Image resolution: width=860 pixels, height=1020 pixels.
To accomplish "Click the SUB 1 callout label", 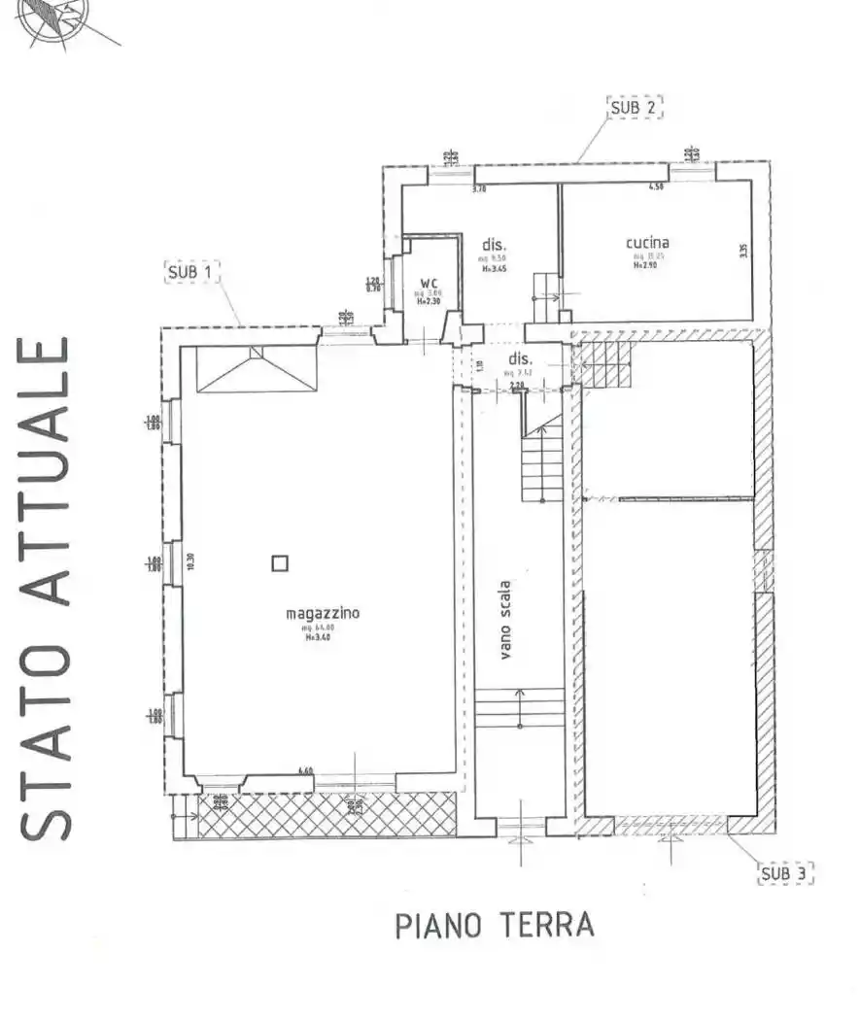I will [x=192, y=273].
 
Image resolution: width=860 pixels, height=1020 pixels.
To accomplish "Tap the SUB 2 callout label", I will [x=635, y=108].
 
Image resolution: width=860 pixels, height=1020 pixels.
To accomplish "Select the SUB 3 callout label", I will [x=785, y=873].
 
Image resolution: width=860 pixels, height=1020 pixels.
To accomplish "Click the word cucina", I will [x=647, y=243].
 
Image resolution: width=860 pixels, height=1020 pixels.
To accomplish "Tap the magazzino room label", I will [x=323, y=613].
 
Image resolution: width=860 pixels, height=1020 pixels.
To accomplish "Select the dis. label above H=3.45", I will [x=496, y=244].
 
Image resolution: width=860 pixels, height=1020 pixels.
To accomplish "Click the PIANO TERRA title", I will [x=495, y=926].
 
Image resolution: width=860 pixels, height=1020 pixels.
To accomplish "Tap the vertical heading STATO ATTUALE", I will [x=46, y=588].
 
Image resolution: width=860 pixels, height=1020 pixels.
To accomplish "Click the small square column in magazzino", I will [x=280, y=561].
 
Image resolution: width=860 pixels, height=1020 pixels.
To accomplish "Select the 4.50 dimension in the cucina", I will [x=656, y=187].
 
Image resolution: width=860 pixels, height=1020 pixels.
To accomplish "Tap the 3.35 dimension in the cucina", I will [x=743, y=251].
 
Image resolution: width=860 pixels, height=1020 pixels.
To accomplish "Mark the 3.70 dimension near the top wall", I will [x=478, y=189].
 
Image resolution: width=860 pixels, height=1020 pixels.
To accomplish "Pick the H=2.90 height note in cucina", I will [x=646, y=264].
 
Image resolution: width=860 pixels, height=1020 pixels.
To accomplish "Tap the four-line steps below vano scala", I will [x=520, y=707].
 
